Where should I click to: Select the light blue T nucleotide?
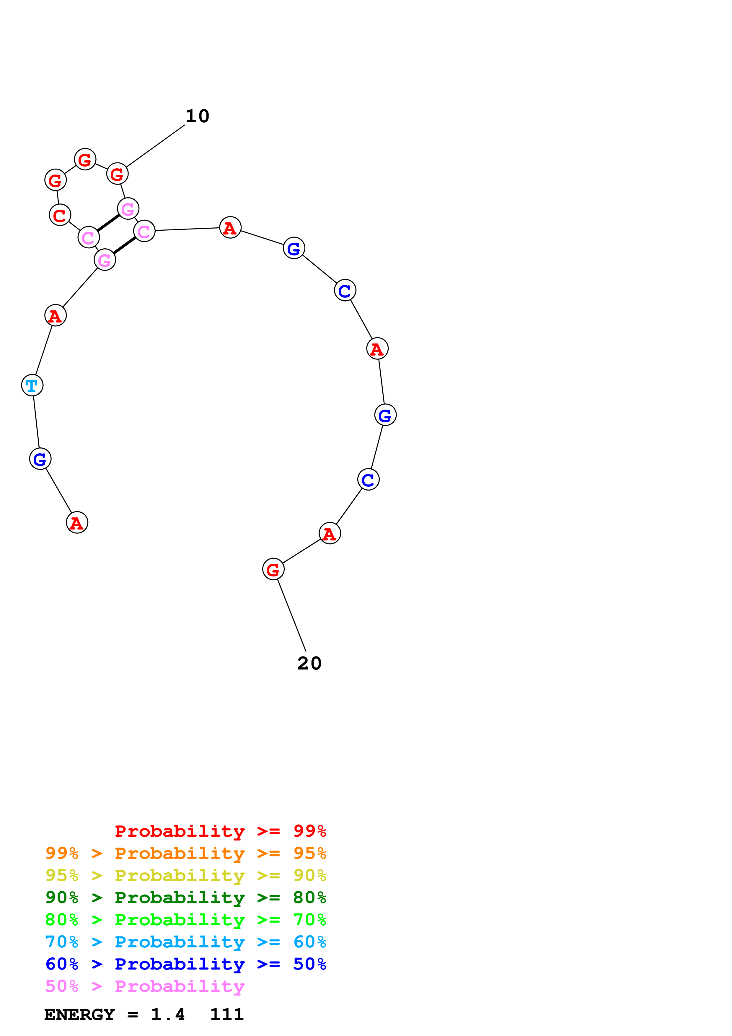tap(32, 385)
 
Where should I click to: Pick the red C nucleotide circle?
tap(60, 215)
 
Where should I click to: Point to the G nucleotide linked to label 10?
tap(117, 174)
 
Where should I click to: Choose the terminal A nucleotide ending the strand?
tap(77, 522)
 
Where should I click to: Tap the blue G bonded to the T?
tap(40, 459)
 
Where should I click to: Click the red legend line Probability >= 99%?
tap(220, 831)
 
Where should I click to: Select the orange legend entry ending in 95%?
tap(185, 853)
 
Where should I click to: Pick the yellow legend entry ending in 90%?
tap(185, 875)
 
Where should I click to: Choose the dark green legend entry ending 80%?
tap(185, 897)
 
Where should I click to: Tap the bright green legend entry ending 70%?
tap(185, 920)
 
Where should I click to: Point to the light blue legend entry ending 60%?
tap(185, 942)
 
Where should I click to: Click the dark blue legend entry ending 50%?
tap(185, 964)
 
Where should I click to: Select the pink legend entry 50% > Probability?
tap(145, 986)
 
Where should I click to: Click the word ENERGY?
tap(79, 1015)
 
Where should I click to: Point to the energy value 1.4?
tap(168, 1015)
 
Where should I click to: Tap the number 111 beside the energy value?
tap(227, 1015)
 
